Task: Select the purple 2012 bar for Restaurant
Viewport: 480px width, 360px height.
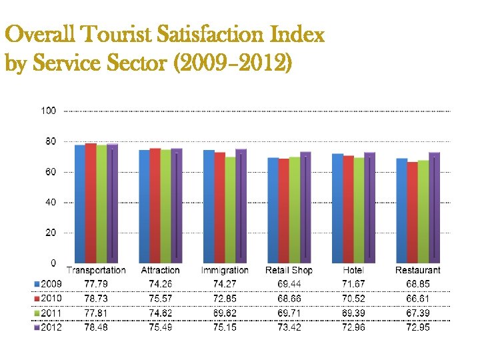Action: pyautogui.click(x=434, y=207)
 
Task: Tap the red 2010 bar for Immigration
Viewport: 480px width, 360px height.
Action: pyautogui.click(x=219, y=207)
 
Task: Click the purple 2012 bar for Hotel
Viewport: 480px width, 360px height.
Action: pyautogui.click(x=370, y=207)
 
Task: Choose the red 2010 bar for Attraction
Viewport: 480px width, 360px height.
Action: pyautogui.click(x=155, y=205)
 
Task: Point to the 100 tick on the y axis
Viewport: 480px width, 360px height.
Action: pyautogui.click(x=48, y=111)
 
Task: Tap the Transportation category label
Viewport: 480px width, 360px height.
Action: pyautogui.click(x=96, y=270)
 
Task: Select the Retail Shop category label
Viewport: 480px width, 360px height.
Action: pyautogui.click(x=289, y=270)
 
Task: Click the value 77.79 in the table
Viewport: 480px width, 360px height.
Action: pyautogui.click(x=96, y=284)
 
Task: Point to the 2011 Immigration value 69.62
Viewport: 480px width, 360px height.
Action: pyautogui.click(x=225, y=313)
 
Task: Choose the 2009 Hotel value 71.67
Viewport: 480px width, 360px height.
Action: pyautogui.click(x=353, y=284)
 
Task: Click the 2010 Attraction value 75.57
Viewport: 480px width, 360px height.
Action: pyautogui.click(x=160, y=299)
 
